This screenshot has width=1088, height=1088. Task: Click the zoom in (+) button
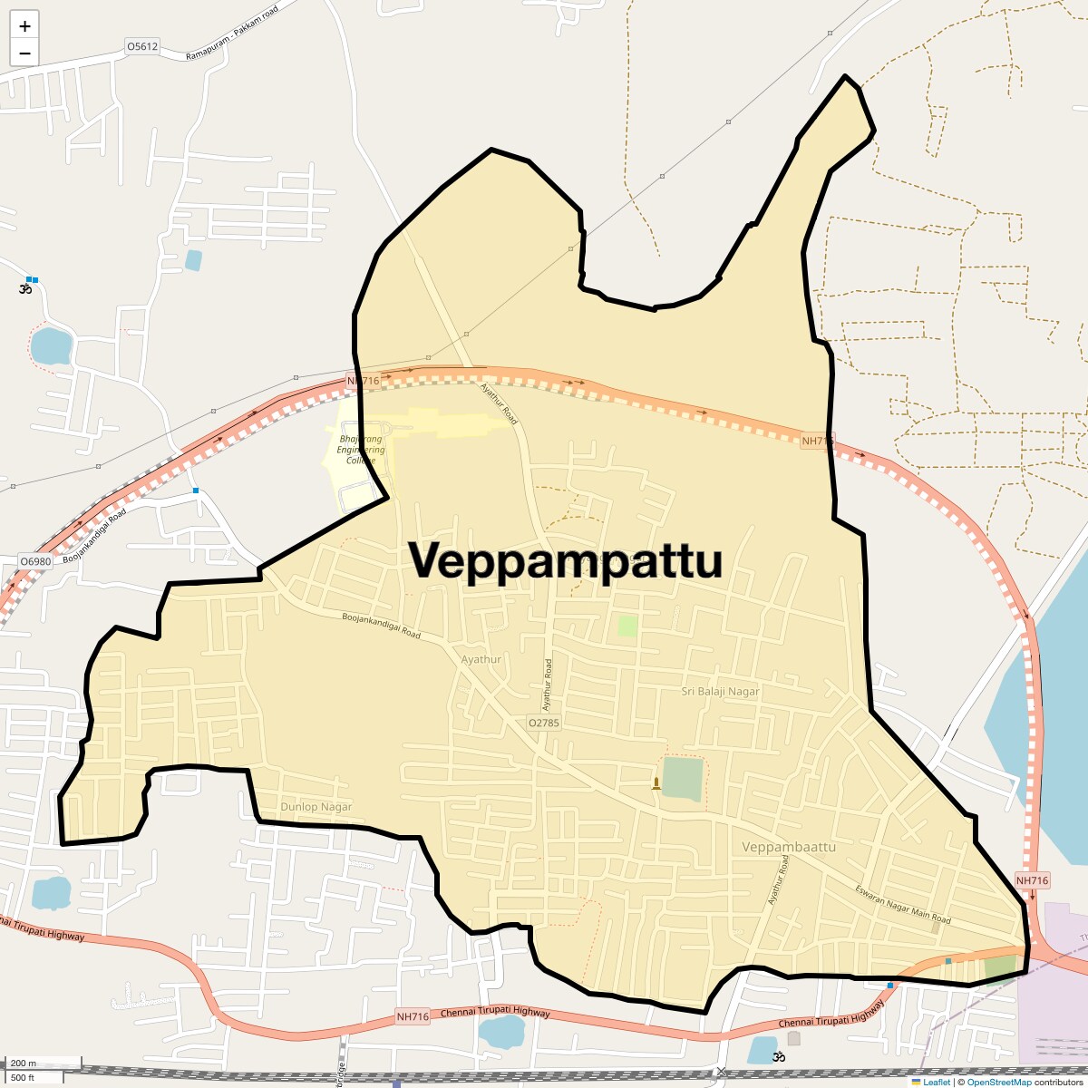(x=24, y=26)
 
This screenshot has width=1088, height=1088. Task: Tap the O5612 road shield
(x=142, y=46)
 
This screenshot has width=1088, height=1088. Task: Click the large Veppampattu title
(x=566, y=561)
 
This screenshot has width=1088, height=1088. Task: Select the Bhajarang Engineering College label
(x=361, y=449)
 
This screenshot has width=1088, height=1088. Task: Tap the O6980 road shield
(x=36, y=561)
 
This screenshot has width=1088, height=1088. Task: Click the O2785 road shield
(x=544, y=723)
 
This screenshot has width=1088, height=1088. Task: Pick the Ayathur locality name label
(x=481, y=659)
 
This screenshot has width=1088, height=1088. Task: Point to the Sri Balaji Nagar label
(x=720, y=691)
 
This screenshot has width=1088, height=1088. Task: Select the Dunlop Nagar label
(x=316, y=806)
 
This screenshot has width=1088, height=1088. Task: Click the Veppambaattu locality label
(x=788, y=847)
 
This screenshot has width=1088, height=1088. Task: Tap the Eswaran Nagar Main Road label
(x=903, y=904)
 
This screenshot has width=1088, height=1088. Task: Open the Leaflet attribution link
(x=937, y=1082)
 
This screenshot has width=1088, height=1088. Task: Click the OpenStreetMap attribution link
(x=998, y=1082)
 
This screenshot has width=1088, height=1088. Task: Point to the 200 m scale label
(x=24, y=1064)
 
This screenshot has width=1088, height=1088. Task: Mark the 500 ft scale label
(x=23, y=1077)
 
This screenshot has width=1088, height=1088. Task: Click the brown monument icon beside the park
(x=656, y=783)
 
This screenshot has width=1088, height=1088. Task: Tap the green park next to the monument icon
(x=682, y=779)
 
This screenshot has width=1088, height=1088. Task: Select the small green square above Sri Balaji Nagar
(x=627, y=625)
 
